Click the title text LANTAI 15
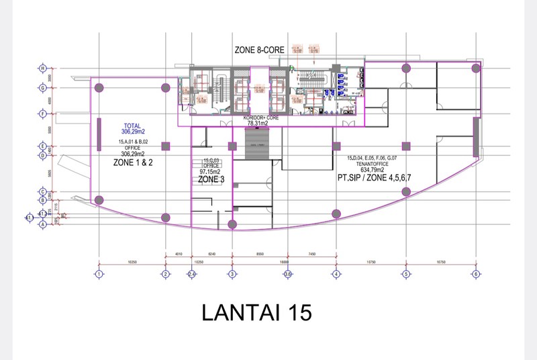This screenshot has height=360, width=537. [256, 313]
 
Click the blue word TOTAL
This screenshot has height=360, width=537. [131, 126]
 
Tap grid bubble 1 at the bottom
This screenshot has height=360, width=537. [99, 274]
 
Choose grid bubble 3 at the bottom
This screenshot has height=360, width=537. [232, 274]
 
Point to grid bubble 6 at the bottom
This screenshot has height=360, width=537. [475, 274]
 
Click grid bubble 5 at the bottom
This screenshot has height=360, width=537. [405, 274]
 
